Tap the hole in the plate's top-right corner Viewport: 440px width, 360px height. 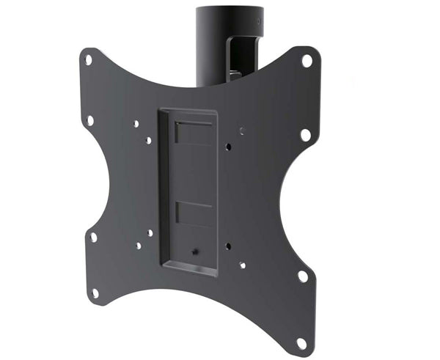tap(307, 61)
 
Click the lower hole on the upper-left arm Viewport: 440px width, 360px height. tap(90, 120)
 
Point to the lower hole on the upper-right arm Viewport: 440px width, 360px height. tap(305, 134)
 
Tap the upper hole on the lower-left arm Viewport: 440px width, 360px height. tap(93, 237)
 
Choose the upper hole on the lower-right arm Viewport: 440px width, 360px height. tap(301, 276)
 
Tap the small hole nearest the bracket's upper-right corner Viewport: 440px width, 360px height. tap(228, 147)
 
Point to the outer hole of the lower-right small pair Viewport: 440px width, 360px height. tap(243, 265)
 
